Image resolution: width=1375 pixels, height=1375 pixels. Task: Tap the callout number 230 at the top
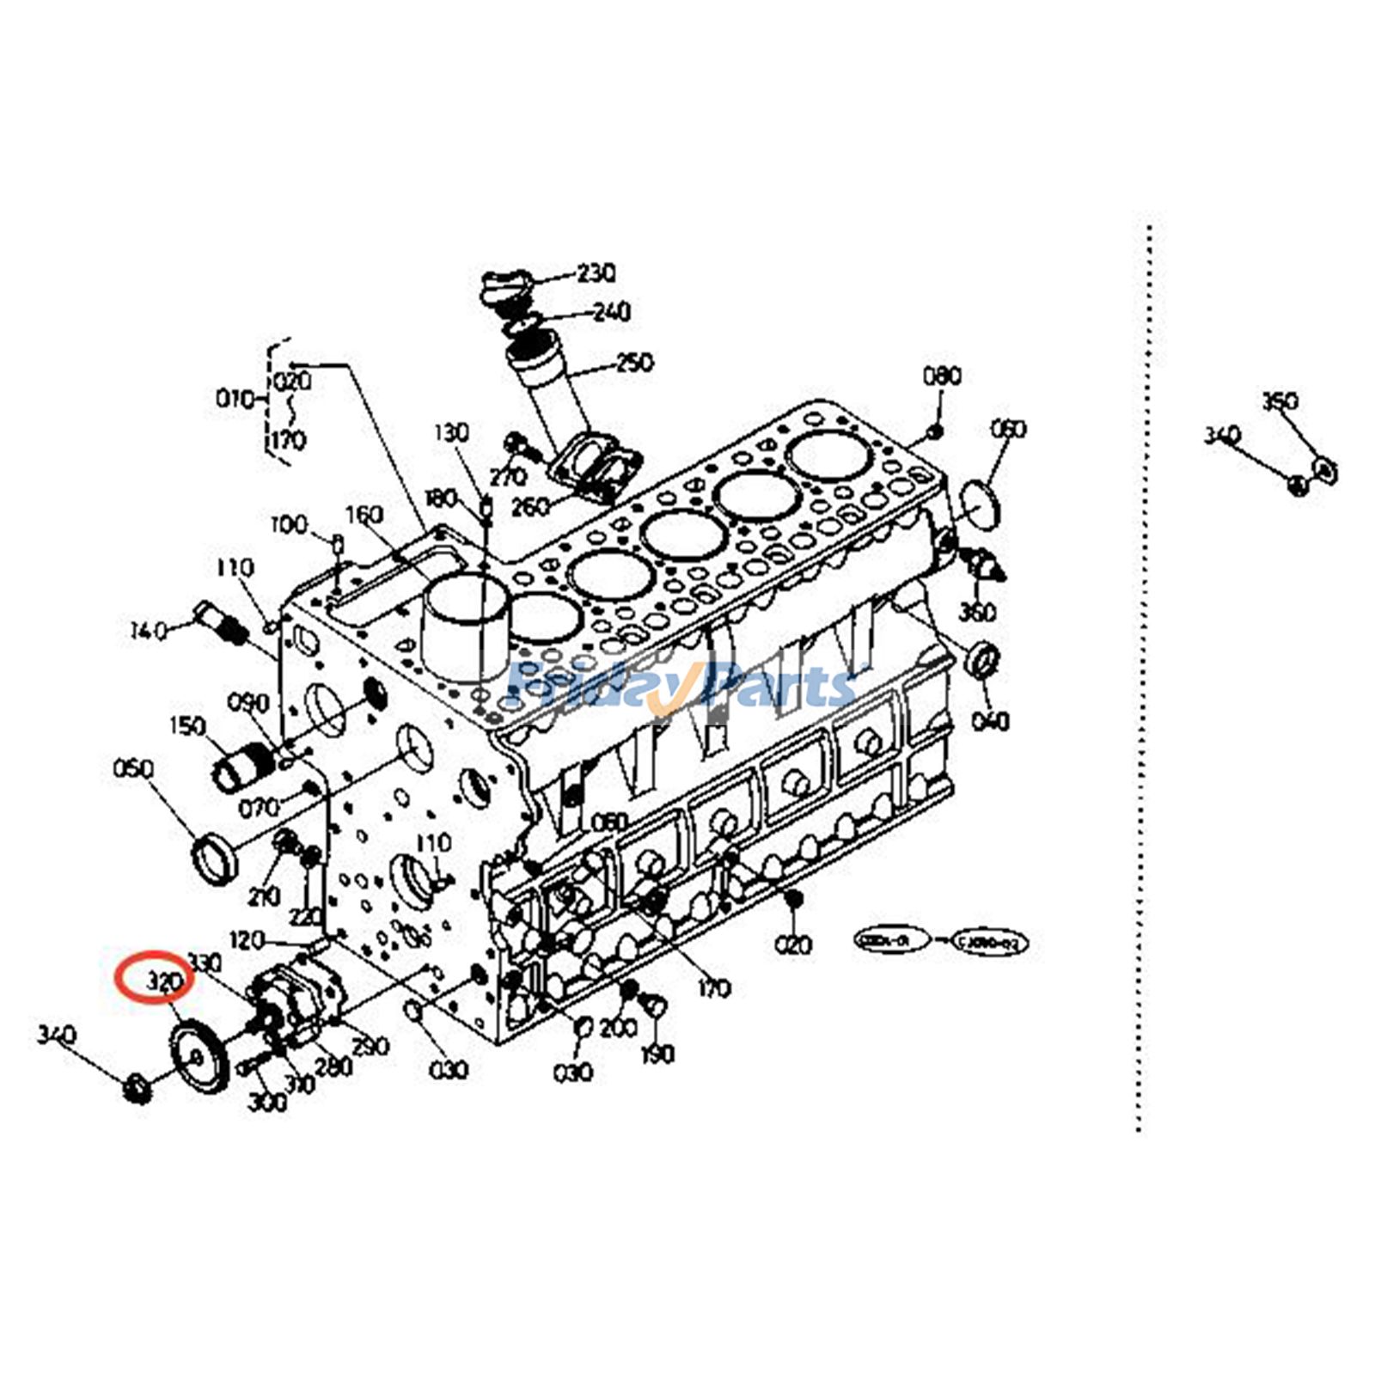tap(596, 273)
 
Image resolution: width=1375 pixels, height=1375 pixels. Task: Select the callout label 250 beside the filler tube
tap(634, 362)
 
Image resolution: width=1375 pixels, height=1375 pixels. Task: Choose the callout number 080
tap(942, 376)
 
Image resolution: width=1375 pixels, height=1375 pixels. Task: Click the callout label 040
tap(990, 720)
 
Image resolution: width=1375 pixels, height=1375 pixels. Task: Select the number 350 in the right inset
tap(1280, 401)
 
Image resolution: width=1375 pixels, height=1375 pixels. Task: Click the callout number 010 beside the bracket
tap(235, 399)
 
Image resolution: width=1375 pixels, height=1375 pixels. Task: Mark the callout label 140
tap(148, 632)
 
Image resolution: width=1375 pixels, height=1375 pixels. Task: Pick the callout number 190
tap(657, 1054)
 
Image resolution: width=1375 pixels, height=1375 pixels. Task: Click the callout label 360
tap(977, 612)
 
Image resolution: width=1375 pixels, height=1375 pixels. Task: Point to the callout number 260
tap(530, 506)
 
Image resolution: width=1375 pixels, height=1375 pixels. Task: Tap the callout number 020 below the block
tap(793, 944)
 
